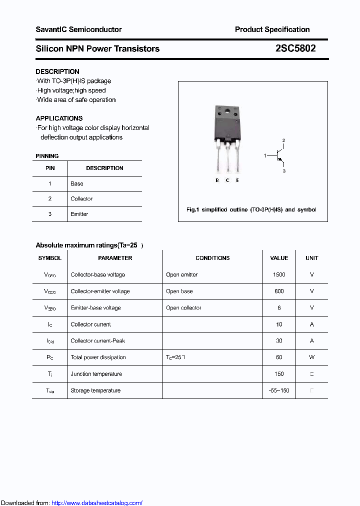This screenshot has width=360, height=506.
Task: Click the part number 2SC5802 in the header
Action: [x=295, y=48]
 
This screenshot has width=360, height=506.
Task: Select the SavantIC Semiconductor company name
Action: [x=78, y=29]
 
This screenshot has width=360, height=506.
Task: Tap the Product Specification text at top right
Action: [x=272, y=29]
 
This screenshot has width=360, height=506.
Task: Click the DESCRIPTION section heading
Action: [x=57, y=71]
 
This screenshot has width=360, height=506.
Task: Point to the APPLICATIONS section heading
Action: [x=59, y=118]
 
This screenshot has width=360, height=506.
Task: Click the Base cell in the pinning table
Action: [x=77, y=183]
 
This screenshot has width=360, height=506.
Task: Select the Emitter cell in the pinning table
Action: [x=79, y=214]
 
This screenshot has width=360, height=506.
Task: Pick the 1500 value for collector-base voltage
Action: [x=279, y=274]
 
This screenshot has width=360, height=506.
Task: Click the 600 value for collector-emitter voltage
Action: [x=279, y=291]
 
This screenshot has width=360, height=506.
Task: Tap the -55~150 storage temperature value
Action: [x=279, y=390]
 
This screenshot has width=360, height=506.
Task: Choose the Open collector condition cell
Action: [x=183, y=308]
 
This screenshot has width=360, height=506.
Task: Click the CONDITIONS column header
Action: [x=212, y=258]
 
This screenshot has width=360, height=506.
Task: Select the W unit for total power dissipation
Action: [x=311, y=357]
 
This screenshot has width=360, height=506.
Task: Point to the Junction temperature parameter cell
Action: [x=96, y=374]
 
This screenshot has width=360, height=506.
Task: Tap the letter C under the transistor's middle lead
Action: [x=227, y=180]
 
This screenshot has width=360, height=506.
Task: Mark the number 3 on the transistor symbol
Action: [x=284, y=171]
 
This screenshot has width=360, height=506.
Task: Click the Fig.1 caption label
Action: [x=193, y=209]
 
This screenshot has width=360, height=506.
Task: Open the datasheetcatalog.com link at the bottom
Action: [x=97, y=503]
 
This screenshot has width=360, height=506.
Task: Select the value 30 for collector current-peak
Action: [x=279, y=341]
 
